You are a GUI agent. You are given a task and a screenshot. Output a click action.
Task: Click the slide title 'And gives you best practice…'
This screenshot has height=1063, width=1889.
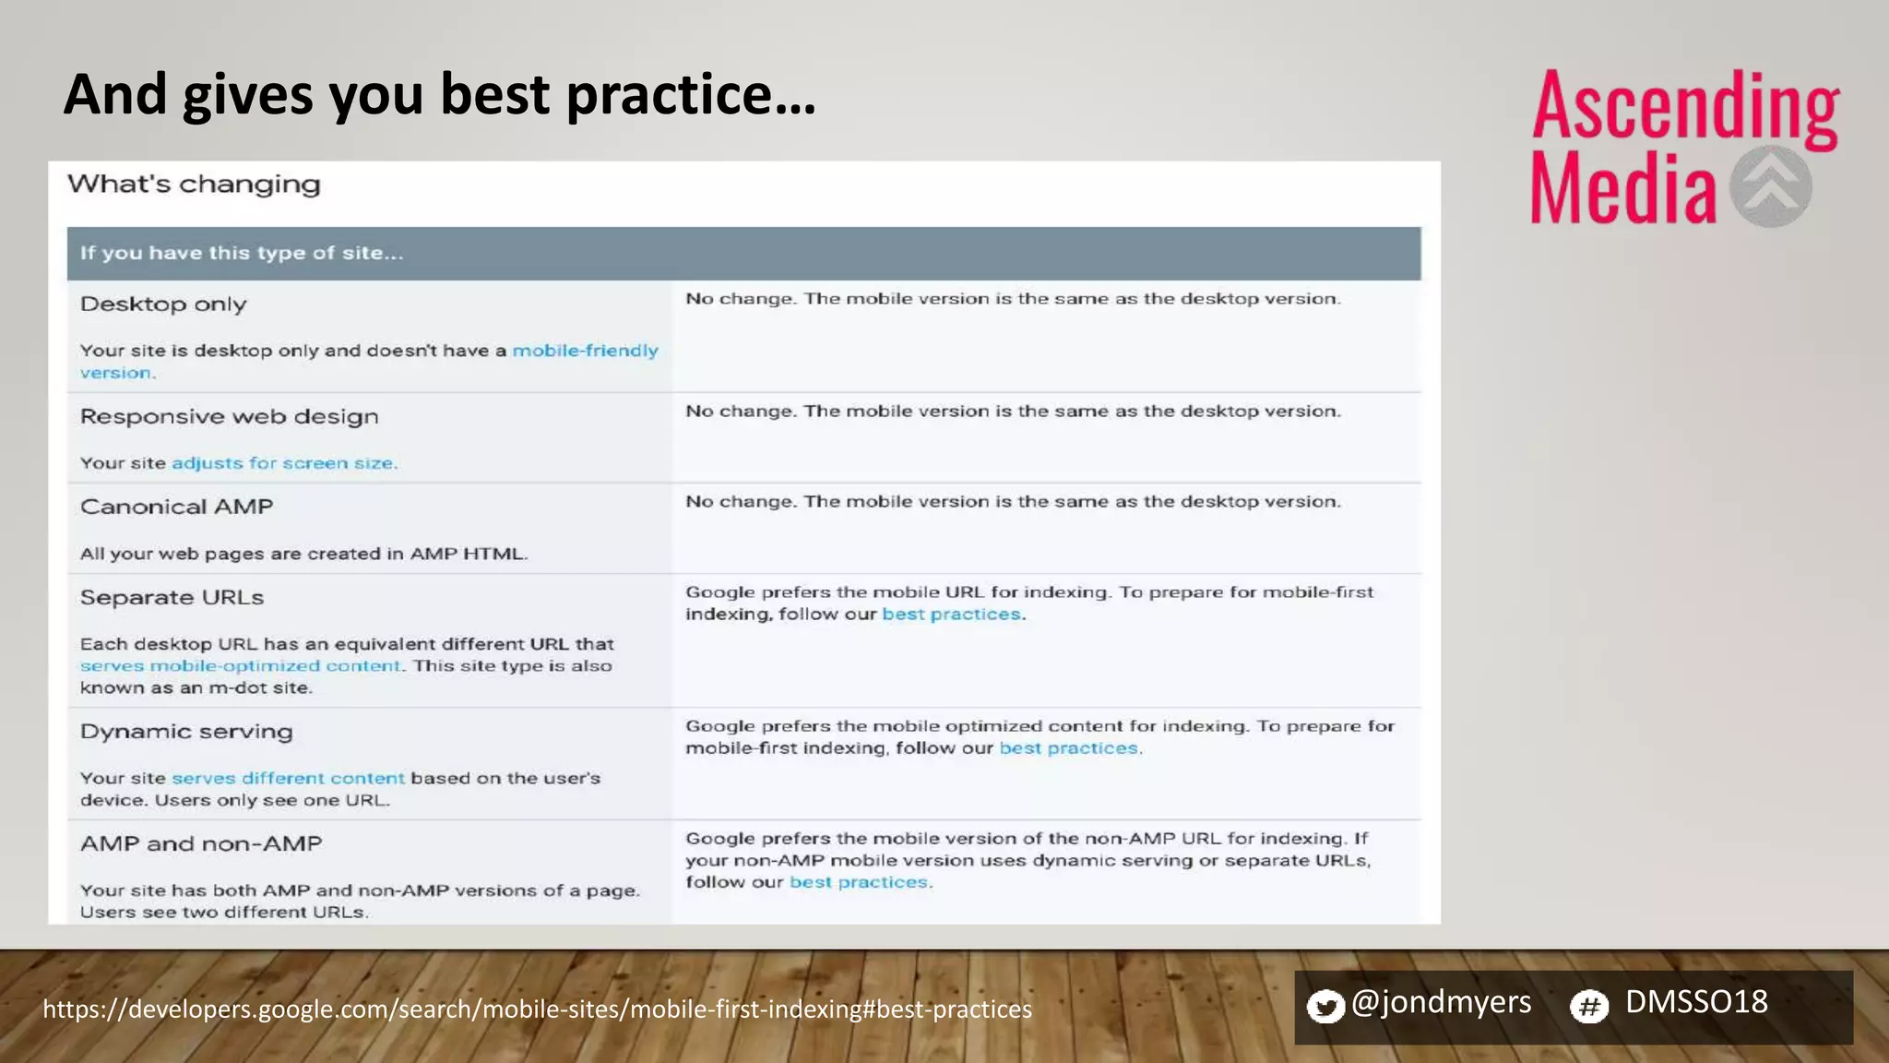pos(439,94)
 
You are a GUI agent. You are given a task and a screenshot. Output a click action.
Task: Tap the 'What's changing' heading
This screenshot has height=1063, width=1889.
pos(194,185)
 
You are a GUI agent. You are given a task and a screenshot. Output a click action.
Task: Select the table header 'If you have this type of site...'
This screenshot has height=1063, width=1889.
pos(242,253)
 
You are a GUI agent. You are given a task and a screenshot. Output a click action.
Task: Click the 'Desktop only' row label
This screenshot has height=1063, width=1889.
pos(163,305)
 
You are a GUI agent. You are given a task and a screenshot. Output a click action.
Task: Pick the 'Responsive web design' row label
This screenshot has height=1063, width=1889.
pos(229,417)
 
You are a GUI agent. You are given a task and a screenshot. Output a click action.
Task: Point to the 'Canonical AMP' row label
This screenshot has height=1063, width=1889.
pos(176,507)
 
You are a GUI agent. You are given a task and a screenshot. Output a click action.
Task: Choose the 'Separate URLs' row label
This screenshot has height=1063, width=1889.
pos(172,598)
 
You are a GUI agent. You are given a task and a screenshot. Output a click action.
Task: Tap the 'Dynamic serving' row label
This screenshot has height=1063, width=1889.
pos(186,732)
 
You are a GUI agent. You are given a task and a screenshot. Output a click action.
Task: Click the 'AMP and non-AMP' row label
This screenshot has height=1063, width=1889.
pos(201,844)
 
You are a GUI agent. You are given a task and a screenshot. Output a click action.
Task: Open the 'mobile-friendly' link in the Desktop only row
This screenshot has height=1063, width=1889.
pos(585,351)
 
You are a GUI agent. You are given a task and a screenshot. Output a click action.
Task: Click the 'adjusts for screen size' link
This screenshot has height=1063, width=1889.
pos(283,463)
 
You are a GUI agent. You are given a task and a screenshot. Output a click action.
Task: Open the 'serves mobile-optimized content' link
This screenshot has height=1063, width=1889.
pos(240,666)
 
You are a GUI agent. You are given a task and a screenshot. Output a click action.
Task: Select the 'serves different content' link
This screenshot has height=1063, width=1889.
pos(288,779)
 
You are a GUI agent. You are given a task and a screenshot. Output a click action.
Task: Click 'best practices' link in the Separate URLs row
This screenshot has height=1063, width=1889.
pos(951,615)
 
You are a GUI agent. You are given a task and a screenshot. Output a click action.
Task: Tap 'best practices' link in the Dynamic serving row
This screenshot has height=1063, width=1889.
pos(1068,748)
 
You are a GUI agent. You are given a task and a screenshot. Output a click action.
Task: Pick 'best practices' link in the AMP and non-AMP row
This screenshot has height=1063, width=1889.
pos(858,882)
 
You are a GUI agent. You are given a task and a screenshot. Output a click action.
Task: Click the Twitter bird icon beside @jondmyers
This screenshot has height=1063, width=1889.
pos(1325,1006)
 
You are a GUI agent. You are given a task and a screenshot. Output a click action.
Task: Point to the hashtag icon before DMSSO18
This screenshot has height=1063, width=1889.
pos(1589,1006)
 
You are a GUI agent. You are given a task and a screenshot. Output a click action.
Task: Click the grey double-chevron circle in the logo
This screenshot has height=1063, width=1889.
pos(1770,186)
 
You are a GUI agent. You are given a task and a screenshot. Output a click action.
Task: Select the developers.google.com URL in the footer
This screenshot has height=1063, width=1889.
pos(537,1009)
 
